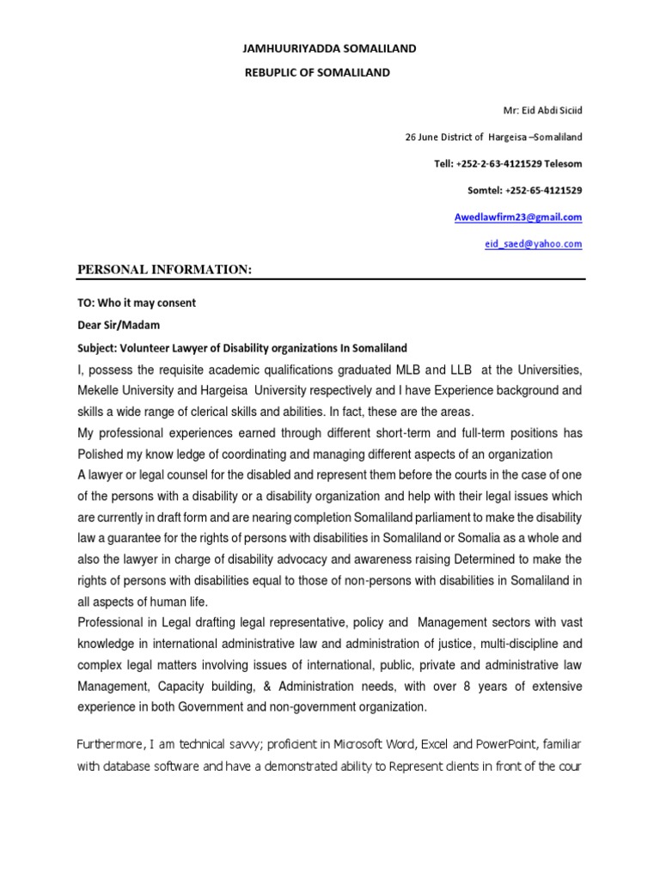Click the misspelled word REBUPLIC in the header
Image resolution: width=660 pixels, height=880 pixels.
[272, 73]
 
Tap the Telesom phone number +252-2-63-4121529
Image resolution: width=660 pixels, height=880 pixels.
[504, 163]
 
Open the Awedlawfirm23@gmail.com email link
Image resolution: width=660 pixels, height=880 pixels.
[517, 217]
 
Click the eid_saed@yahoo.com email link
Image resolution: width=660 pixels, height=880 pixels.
[533, 244]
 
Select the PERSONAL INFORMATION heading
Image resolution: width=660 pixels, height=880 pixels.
[165, 271]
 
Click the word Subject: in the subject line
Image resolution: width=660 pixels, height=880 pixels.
[99, 348]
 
